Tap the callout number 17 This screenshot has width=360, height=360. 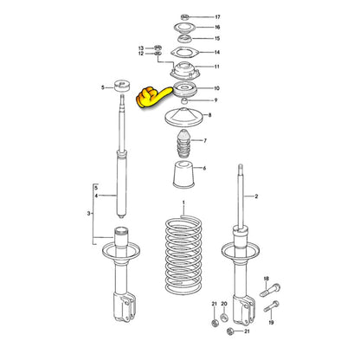click(x=217, y=17)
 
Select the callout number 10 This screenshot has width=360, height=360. click(x=216, y=88)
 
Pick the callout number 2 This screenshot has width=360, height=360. click(x=256, y=197)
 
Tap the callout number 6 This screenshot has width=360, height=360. click(x=204, y=168)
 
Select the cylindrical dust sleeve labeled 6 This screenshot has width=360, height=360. click(x=183, y=177)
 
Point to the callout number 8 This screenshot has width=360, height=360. click(x=209, y=115)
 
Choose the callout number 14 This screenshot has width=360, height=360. click(x=216, y=53)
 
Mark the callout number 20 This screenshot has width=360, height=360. click(x=223, y=304)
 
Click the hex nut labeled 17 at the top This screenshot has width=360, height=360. click(x=185, y=17)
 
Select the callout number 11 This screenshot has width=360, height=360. click(x=216, y=67)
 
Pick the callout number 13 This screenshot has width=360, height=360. click(x=140, y=47)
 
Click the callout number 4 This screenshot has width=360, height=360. click(x=97, y=196)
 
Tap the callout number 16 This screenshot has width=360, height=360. click(x=217, y=28)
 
